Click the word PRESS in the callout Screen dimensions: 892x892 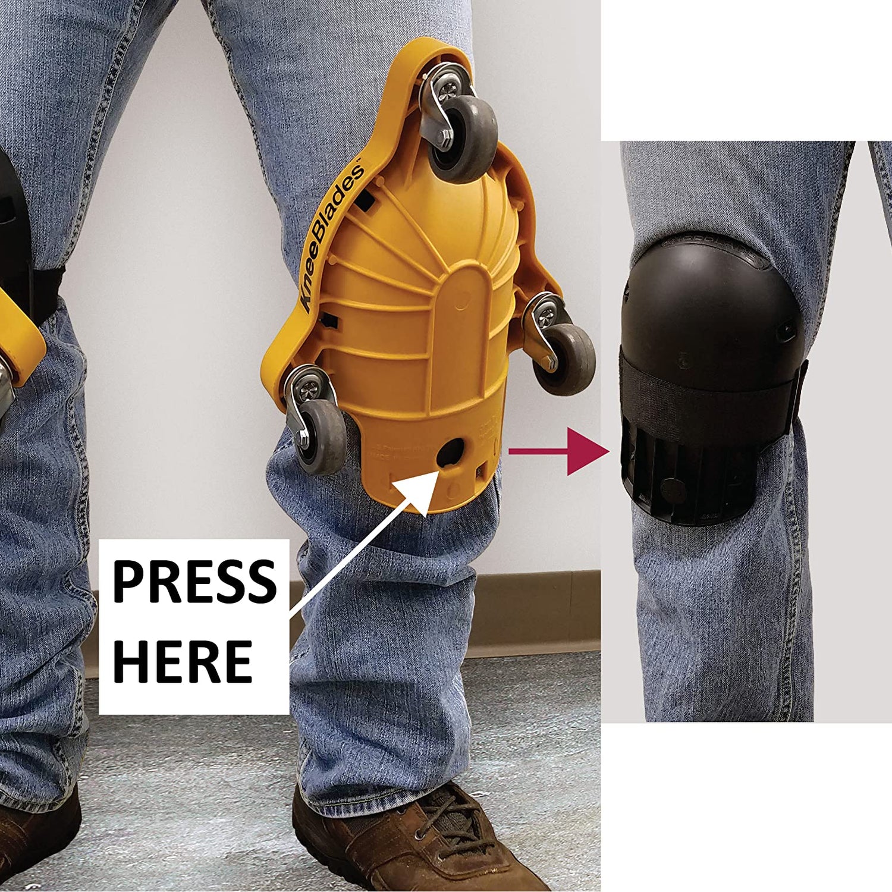pyautogui.click(x=194, y=582)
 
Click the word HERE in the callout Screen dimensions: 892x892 pyautogui.click(x=183, y=661)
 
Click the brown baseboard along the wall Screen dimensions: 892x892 pyautogui.click(x=535, y=613)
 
